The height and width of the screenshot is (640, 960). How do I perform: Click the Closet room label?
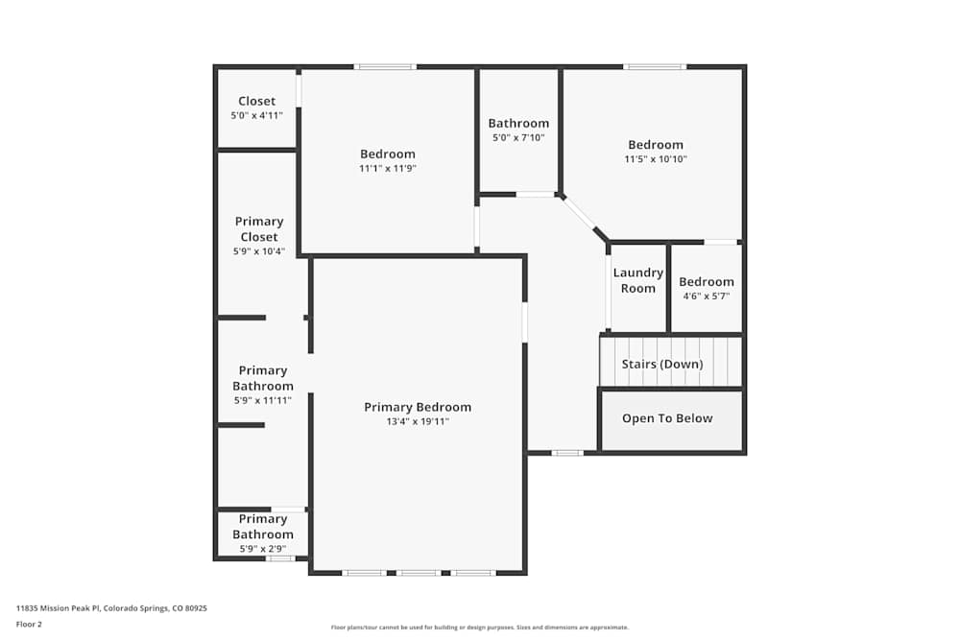point(256,101)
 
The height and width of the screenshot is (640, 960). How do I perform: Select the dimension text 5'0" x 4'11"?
point(256,115)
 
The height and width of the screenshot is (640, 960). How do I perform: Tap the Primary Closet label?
point(259,229)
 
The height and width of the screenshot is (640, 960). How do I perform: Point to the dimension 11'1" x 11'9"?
point(388,168)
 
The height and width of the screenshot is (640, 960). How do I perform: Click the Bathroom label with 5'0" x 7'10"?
point(518,123)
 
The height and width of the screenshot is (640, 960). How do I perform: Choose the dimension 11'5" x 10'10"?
point(656,159)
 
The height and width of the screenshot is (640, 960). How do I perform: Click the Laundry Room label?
point(638,280)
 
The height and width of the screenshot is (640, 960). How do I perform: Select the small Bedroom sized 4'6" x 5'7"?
point(707,282)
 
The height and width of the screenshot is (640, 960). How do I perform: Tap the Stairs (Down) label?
point(662,365)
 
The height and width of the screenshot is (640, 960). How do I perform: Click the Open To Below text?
point(667,418)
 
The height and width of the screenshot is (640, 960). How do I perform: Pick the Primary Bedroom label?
point(418,407)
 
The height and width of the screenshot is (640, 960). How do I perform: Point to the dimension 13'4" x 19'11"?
point(418,421)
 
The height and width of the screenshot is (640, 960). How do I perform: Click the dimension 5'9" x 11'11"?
point(262,400)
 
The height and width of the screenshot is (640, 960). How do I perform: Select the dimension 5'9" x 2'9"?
point(262,549)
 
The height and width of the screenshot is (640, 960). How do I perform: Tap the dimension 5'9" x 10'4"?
point(259,251)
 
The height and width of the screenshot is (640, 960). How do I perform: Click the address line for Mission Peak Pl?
point(111,607)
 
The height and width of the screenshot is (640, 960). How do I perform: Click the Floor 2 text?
point(29,624)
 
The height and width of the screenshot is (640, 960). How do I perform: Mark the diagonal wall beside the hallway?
point(585,217)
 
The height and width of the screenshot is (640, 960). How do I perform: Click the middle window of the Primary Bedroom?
point(419,573)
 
